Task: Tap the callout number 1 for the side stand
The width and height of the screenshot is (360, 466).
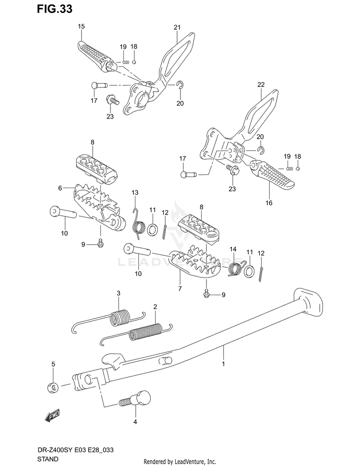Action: click(x=223, y=365)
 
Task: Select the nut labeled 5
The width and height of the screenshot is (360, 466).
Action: click(x=54, y=386)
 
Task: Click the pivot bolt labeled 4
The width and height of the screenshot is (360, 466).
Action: click(x=138, y=399)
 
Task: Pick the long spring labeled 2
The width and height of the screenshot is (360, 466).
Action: click(x=144, y=331)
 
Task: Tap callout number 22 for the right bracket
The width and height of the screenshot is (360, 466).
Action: click(x=261, y=85)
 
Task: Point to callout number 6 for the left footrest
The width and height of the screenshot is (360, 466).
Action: click(x=60, y=188)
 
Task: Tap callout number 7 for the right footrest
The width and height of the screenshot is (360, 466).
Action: click(x=180, y=288)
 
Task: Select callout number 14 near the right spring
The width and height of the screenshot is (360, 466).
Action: click(x=233, y=249)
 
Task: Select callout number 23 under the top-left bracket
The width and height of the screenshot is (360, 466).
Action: click(x=110, y=116)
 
